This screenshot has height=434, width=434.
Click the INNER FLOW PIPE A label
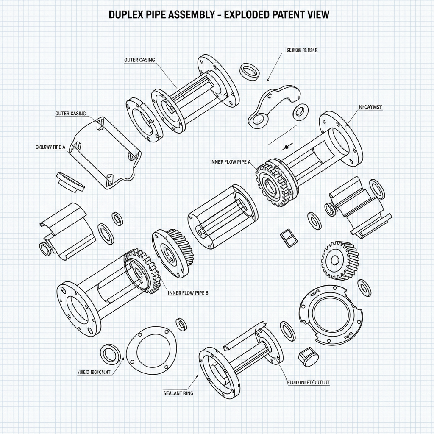tap(231, 162)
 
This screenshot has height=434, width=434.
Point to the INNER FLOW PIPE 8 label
tap(188, 292)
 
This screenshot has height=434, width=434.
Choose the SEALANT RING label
tap(178, 393)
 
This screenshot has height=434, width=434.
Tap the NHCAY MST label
tap(370, 108)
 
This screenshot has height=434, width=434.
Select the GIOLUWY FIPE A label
tap(50, 147)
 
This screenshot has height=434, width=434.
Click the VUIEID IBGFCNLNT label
tap(94, 372)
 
